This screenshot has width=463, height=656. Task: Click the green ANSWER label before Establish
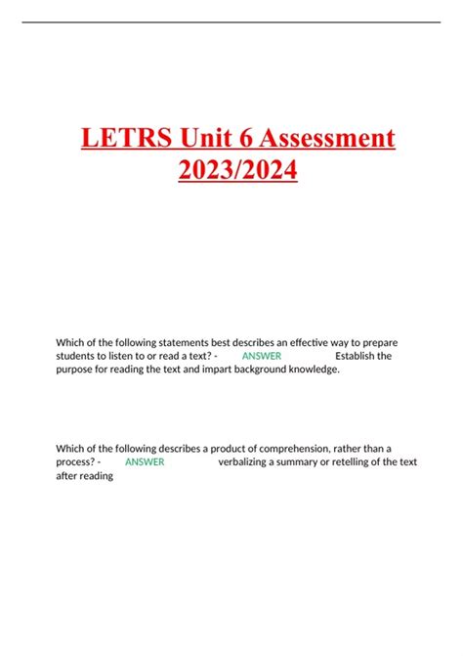coord(261,356)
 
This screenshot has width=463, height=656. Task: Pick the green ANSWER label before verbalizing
coord(145,462)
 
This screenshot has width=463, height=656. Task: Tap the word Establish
coord(356,356)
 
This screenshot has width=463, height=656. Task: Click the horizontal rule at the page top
coord(231,22)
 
